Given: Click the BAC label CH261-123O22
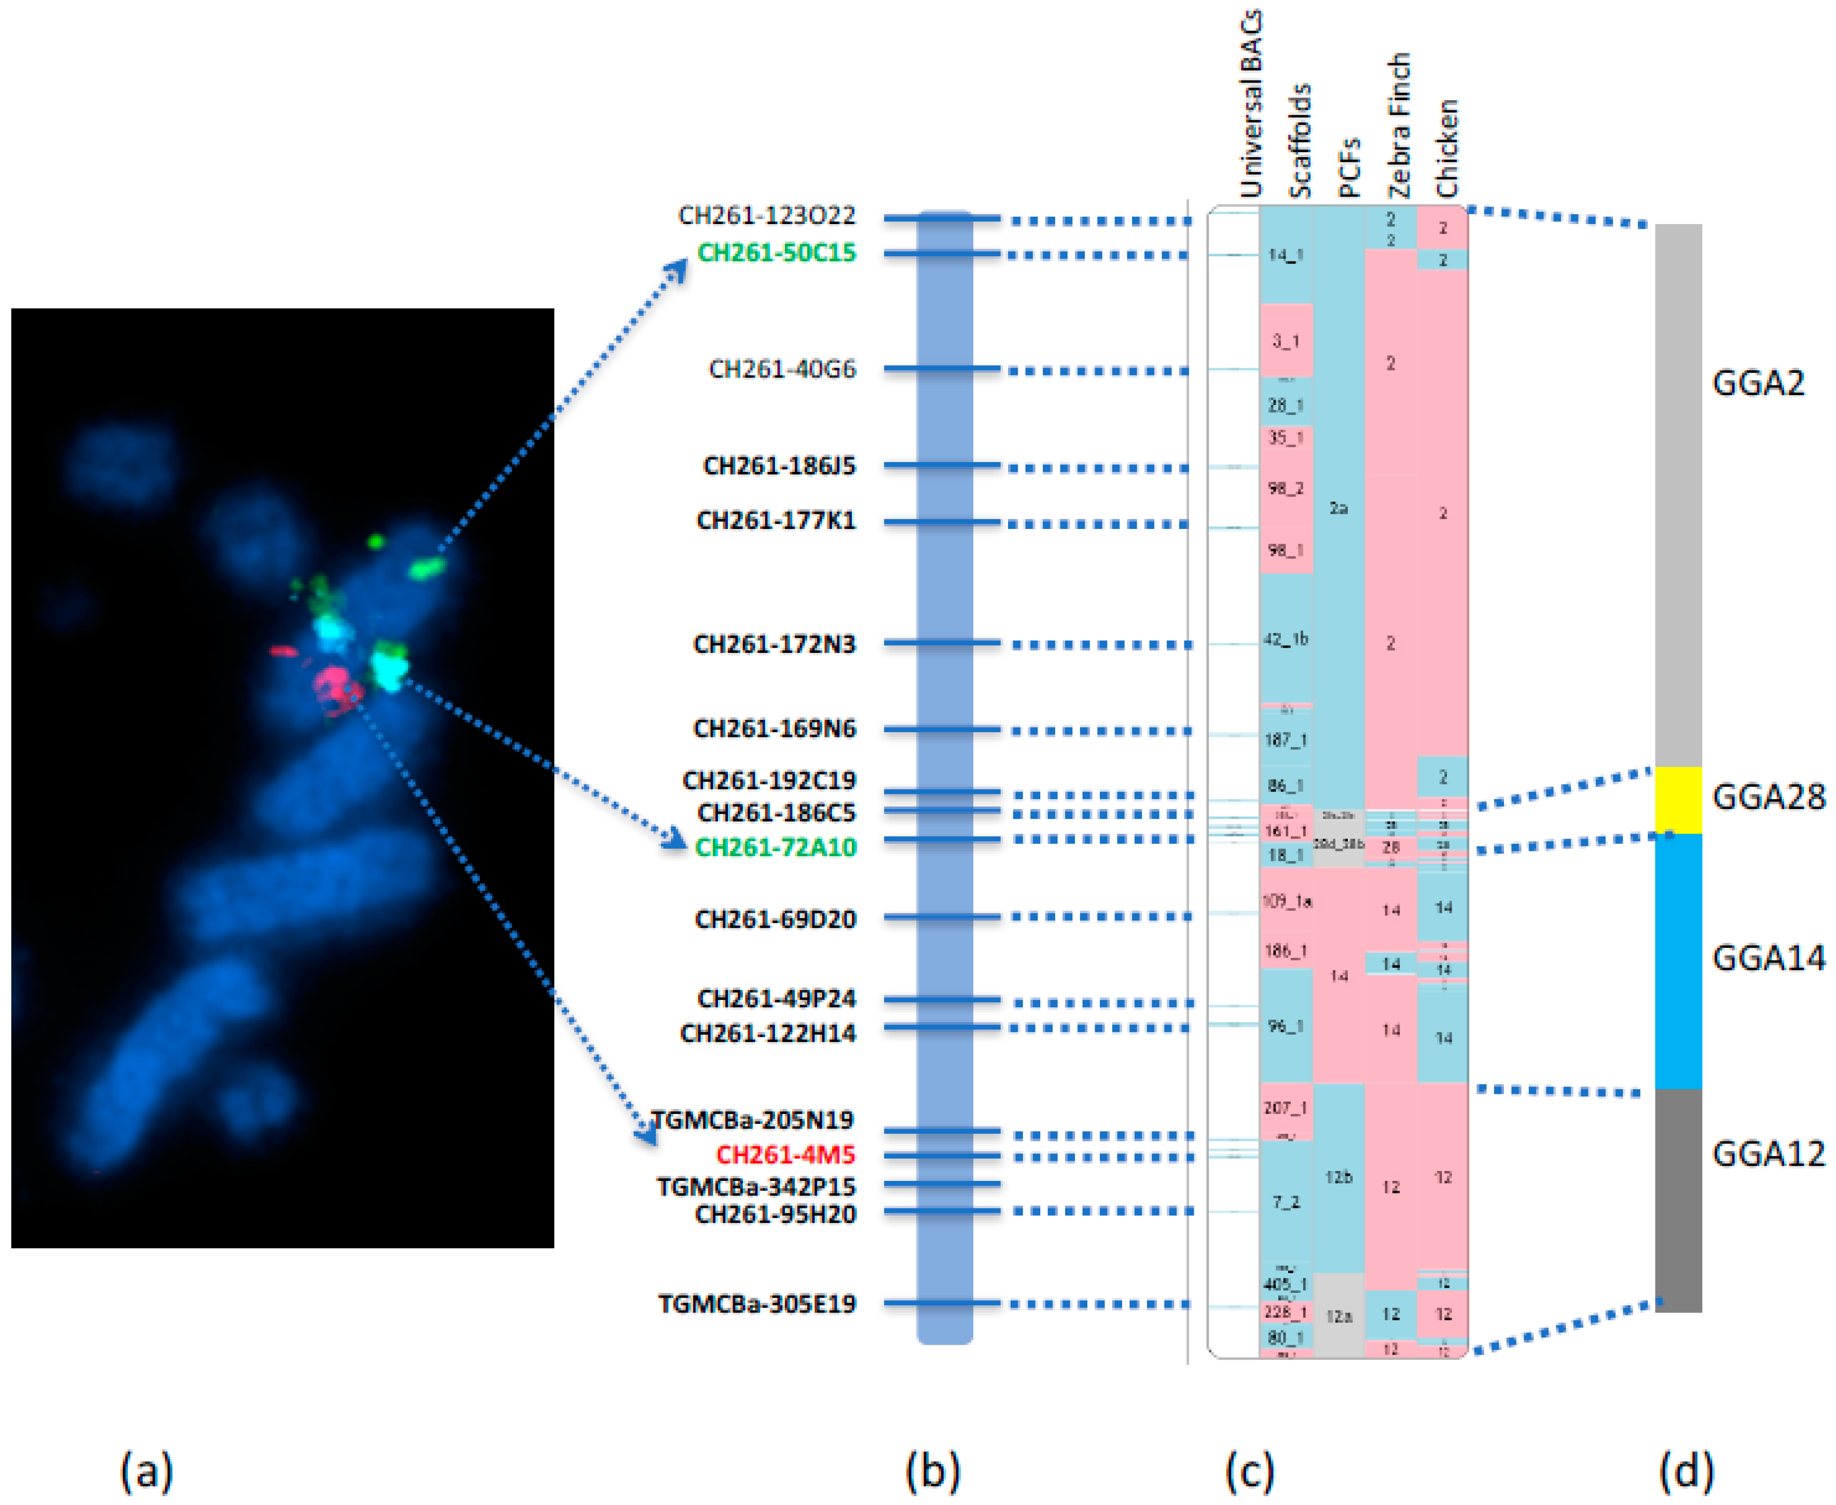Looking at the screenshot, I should point(767,215).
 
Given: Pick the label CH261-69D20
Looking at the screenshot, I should point(776,919).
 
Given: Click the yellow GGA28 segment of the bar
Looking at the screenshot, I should point(1678,799).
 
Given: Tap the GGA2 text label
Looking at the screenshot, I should point(1758,382).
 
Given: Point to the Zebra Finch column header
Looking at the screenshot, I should point(1398,126).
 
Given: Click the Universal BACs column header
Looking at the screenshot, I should point(1250,104).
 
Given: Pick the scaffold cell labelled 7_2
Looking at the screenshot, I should point(1285,1203).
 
